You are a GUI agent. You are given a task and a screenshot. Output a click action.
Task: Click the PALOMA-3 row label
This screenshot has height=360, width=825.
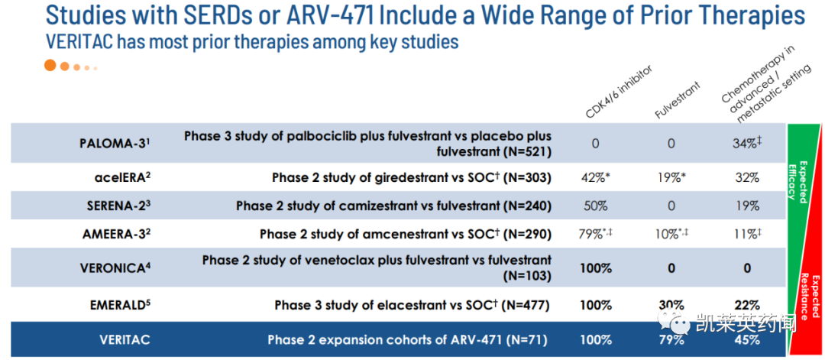pos(112,143)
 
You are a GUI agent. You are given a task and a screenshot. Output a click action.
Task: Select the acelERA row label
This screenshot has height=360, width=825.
pos(119,177)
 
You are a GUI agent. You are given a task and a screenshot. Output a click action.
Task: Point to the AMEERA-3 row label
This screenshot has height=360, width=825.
pos(115,234)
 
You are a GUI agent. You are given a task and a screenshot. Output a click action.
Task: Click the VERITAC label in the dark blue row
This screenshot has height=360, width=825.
pos(125,339)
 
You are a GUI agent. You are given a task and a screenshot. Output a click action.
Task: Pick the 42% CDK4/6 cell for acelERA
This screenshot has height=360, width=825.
pos(596,177)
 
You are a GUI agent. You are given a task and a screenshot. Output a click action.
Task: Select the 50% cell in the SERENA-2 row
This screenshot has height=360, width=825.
pos(595,206)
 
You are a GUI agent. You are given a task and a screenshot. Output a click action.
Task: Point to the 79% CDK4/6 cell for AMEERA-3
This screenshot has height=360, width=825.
pos(596,234)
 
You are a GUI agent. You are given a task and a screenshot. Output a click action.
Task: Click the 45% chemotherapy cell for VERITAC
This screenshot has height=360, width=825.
pos(747,339)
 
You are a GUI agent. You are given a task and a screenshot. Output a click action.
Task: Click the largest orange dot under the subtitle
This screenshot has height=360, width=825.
pos(50,66)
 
